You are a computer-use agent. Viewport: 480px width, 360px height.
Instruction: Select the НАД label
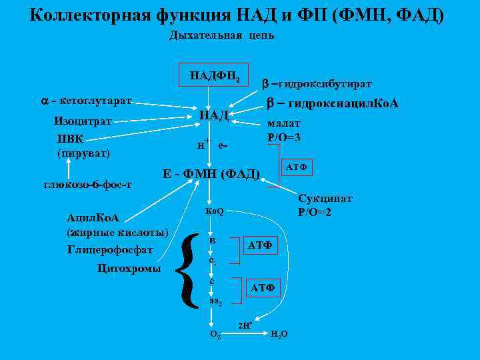pyautogui.click(x=214, y=115)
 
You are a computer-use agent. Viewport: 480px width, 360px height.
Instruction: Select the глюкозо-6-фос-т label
pyautogui.click(x=87, y=185)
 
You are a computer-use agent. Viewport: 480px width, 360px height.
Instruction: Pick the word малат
pyautogui.click(x=284, y=123)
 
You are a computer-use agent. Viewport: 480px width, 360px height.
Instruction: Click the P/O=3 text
pyautogui.click(x=284, y=137)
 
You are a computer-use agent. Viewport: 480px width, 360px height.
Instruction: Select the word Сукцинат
pyautogui.click(x=325, y=199)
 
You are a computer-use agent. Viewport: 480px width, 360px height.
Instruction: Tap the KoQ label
pyautogui.click(x=215, y=211)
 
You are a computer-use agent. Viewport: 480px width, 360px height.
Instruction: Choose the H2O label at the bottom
pyautogui.click(x=279, y=333)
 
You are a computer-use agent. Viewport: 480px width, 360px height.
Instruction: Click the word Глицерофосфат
pyautogui.click(x=110, y=250)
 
